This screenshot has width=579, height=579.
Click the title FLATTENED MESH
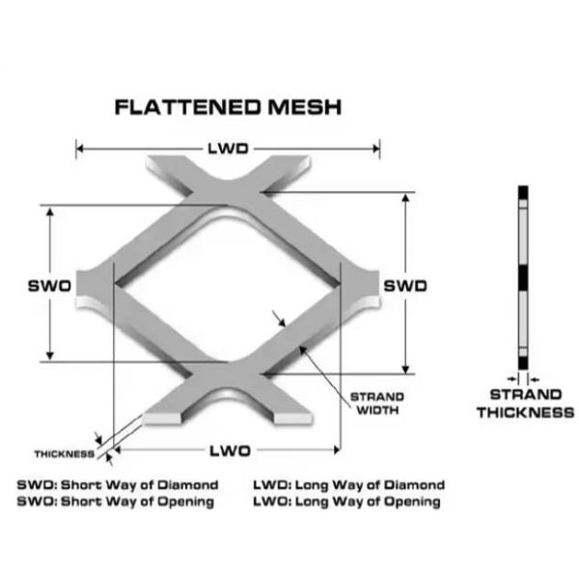228,107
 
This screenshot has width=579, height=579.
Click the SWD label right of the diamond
406,286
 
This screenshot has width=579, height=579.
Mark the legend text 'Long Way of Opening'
368,502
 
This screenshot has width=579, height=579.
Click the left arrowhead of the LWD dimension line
80,149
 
